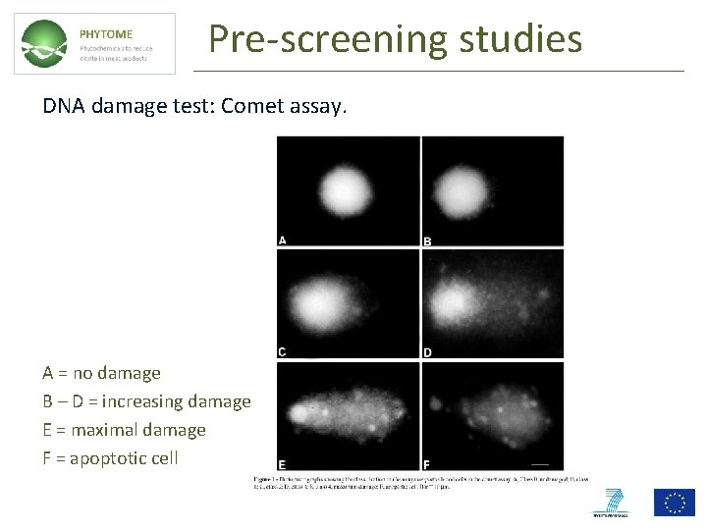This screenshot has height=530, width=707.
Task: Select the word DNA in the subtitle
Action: [x=61, y=105]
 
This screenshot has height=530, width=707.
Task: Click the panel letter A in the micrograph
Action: [x=283, y=239]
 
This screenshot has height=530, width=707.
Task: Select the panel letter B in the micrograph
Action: [x=427, y=241]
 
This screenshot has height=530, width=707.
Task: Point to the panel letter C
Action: [x=283, y=351]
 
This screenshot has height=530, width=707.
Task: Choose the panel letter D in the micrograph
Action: [x=427, y=352]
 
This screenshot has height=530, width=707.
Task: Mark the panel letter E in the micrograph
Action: [x=283, y=464]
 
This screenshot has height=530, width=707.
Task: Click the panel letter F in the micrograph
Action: [x=427, y=464]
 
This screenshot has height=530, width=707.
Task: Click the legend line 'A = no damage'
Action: [x=101, y=373]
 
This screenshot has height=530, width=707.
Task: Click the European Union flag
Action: [x=674, y=502]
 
